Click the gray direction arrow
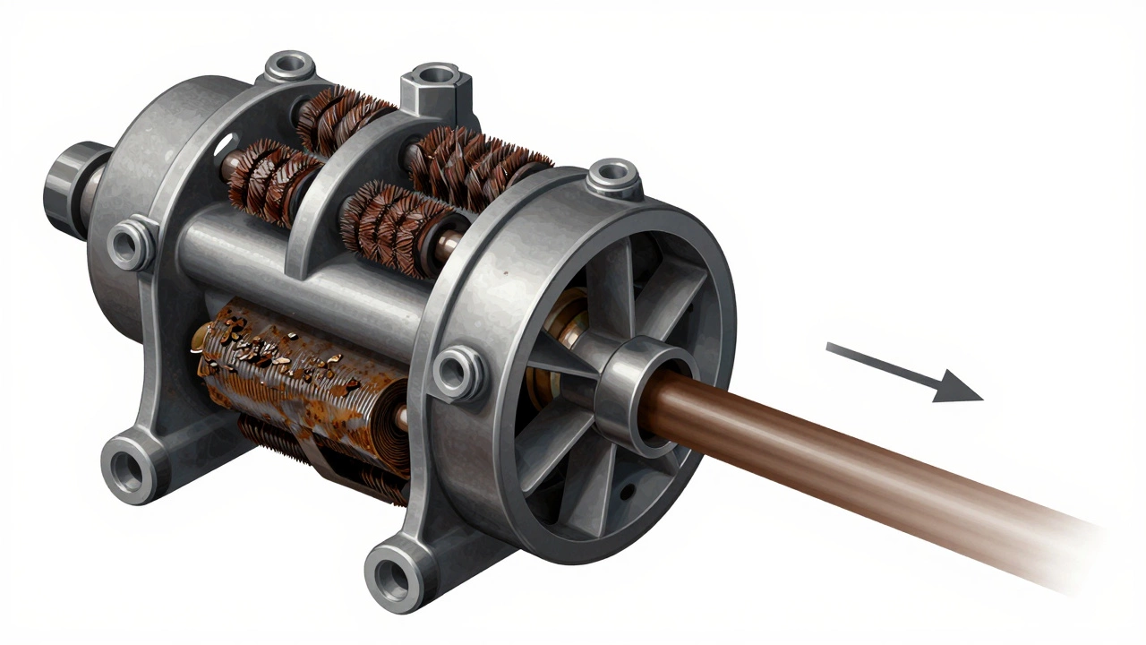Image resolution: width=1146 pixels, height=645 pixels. coord(904,372)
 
